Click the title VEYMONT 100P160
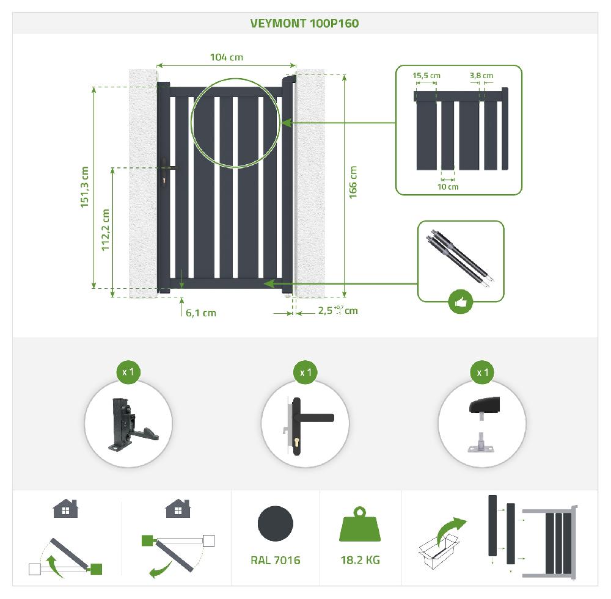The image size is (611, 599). coord(304,23)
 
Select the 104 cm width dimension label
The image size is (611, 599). coord(226,57)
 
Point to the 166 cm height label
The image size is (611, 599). coord(353,181)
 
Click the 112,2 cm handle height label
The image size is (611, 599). coord(105,230)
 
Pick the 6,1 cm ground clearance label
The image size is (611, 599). coord(201,313)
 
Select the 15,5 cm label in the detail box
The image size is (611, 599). coord(426,76)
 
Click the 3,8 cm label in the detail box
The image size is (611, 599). coord(481,76)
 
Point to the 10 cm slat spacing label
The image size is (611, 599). coord(448,187)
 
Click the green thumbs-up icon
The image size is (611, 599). coord(461,302)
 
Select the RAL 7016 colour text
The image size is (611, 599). coord(275,560)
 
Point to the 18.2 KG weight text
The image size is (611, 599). coord(360,560)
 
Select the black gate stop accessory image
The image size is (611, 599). coord(481,424)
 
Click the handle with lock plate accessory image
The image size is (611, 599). coord(305,424)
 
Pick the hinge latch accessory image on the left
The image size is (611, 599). coord(129,424)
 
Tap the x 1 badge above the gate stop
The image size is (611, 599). coord(481,372)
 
